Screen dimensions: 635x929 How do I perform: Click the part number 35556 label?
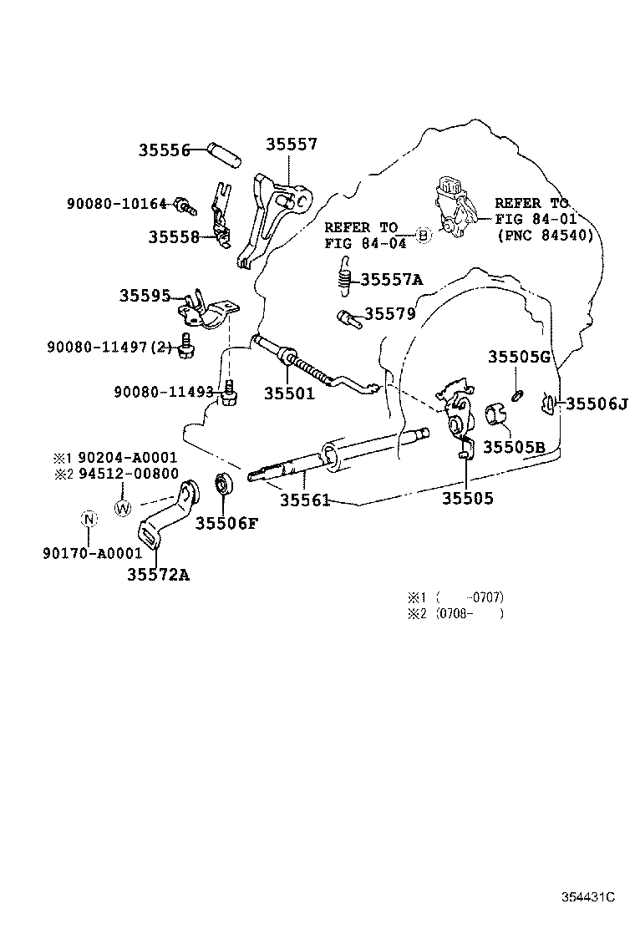click(x=164, y=150)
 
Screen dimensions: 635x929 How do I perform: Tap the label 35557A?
click(x=392, y=279)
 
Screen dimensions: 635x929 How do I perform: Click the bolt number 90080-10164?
click(x=117, y=204)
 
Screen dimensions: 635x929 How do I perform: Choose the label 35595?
click(x=145, y=295)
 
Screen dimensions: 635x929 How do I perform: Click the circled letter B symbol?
click(x=422, y=236)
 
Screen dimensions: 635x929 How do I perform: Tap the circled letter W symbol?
click(x=123, y=508)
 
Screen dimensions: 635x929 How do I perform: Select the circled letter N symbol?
click(x=89, y=520)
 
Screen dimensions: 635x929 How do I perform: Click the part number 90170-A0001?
click(x=93, y=553)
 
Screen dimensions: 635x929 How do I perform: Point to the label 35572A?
click(x=158, y=574)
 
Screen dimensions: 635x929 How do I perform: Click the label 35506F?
click(x=227, y=523)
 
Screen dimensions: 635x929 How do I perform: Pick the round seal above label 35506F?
click(x=225, y=482)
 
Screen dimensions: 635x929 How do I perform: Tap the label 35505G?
click(x=520, y=357)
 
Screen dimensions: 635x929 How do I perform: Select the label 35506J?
click(x=597, y=404)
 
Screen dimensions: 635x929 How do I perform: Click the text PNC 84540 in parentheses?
click(x=546, y=236)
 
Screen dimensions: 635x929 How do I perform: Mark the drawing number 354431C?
click(x=588, y=897)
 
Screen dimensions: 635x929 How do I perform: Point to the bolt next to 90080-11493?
click(x=230, y=394)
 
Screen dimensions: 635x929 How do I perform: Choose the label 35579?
click(x=389, y=313)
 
